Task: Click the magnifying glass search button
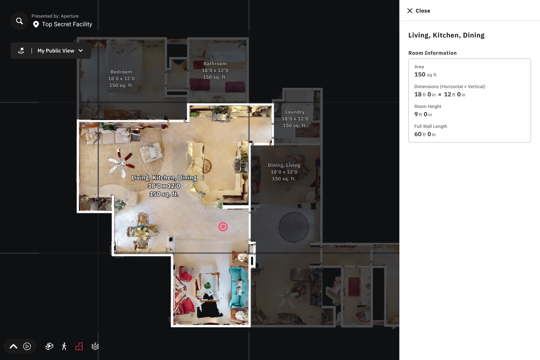tap(19, 21)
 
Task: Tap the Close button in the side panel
tap(418, 10)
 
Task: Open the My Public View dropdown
tap(51, 51)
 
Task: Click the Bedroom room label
tap(121, 79)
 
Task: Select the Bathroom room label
tap(215, 70)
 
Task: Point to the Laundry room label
tap(295, 118)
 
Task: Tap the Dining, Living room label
tap(284, 172)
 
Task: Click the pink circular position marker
tap(223, 226)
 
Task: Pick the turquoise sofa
tap(238, 287)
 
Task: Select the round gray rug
tap(294, 227)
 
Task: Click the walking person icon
tap(64, 346)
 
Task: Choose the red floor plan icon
tap(79, 346)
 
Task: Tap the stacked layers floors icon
tap(95, 346)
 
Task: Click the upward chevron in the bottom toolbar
tap(13, 346)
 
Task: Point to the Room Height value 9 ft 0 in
tap(423, 114)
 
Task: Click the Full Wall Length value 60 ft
tap(425, 134)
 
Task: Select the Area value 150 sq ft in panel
tap(425, 75)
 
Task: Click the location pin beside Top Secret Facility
tap(36, 24)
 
